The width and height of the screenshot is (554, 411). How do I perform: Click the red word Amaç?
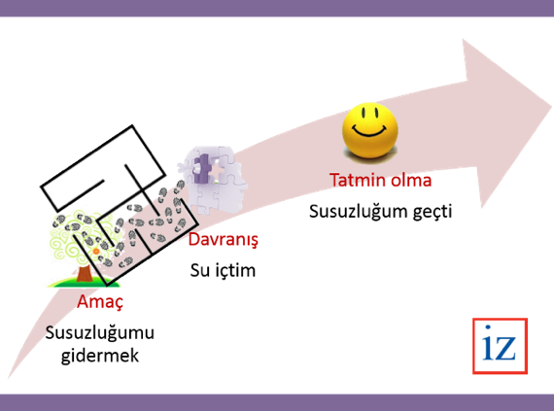point(100,302)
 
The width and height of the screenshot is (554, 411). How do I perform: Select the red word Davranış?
point(224,240)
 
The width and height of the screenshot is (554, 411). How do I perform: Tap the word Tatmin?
point(355,180)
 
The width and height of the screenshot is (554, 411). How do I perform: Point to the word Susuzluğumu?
point(100,333)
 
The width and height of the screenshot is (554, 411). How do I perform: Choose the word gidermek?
point(100,356)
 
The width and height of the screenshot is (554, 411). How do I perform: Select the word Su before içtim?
point(198,271)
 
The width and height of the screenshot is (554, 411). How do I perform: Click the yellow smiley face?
point(370,130)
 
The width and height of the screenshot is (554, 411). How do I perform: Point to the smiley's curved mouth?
point(370,132)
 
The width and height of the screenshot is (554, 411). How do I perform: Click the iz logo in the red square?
point(500,346)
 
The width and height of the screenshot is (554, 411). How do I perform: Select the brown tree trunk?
point(85,274)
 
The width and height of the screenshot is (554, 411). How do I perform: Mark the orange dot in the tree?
point(96,252)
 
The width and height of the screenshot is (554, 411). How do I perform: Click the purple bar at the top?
point(277,8)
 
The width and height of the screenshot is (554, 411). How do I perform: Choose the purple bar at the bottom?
point(277,402)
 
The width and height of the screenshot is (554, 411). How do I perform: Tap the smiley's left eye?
point(364,113)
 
